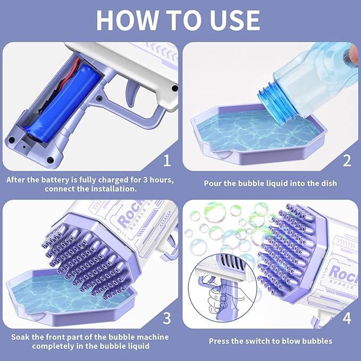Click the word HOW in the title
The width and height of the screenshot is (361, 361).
pyautogui.click(x=127, y=20)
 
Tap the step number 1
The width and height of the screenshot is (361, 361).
pyautogui.click(x=167, y=161)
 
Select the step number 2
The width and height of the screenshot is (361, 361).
pyautogui.click(x=347, y=161)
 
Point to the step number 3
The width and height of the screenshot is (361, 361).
pyautogui.click(x=167, y=318)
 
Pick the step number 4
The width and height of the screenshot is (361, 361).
pyautogui.click(x=347, y=318)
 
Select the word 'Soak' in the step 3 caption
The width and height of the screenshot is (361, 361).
pyautogui.click(x=20, y=337)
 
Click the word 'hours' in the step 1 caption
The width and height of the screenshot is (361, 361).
pyautogui.click(x=162, y=180)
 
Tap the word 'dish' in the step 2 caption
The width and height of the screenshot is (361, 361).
pyautogui.click(x=329, y=183)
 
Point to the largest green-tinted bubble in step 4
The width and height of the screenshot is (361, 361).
pyautogui.click(x=215, y=212)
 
